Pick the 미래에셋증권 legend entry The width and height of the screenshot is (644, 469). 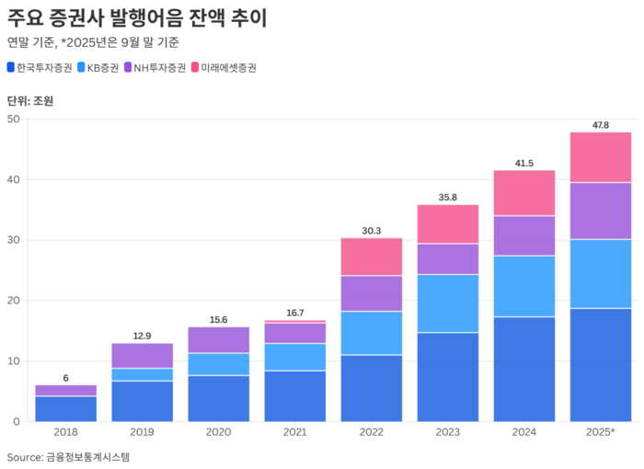[x=222, y=68]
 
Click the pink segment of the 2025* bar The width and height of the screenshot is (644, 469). [x=600, y=157]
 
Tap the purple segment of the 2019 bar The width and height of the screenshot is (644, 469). [x=142, y=355]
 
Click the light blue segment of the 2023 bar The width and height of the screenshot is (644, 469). [x=447, y=303]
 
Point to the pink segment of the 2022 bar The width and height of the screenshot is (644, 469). [x=371, y=257]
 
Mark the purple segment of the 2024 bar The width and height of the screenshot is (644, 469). [x=523, y=235]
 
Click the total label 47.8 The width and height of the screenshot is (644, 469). [x=600, y=124]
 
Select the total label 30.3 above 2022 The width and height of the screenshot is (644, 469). [x=371, y=230]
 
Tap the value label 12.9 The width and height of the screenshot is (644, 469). [x=142, y=336]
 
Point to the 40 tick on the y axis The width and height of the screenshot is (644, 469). [x=13, y=179]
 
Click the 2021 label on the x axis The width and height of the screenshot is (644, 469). [x=294, y=432]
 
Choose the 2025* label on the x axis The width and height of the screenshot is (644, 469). [x=600, y=432]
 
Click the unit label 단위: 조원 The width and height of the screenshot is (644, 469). [x=30, y=101]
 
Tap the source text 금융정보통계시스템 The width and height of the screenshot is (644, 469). [x=87, y=457]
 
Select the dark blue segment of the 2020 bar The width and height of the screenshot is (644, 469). [x=218, y=398]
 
